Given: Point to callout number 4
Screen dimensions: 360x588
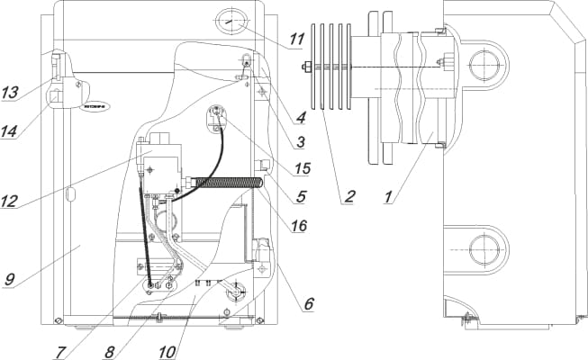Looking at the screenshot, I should (301, 116).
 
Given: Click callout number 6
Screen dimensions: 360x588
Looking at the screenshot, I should (308, 304).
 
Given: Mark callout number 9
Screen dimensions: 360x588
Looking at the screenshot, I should (10, 279).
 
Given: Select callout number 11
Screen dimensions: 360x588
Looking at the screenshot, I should (298, 41).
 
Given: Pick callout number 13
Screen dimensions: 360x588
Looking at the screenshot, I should (10, 93).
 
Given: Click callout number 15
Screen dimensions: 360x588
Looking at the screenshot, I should (301, 166).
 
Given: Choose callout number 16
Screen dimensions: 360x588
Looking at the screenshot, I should (299, 226).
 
